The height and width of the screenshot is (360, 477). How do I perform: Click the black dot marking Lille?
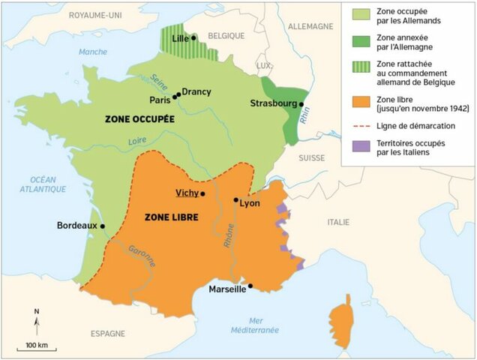coord(193,37)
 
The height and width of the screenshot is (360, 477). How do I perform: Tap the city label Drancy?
coord(196,91)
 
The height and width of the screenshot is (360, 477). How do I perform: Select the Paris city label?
coord(160,99)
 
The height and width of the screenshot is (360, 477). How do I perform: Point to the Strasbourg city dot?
coord(301,105)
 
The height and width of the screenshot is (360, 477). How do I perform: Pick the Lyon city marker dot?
coord(235,200)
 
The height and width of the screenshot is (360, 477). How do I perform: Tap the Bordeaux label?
coord(77,225)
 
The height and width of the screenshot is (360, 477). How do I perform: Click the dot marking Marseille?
coord(250,285)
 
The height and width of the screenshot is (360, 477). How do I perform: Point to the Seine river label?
coord(158,82)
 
